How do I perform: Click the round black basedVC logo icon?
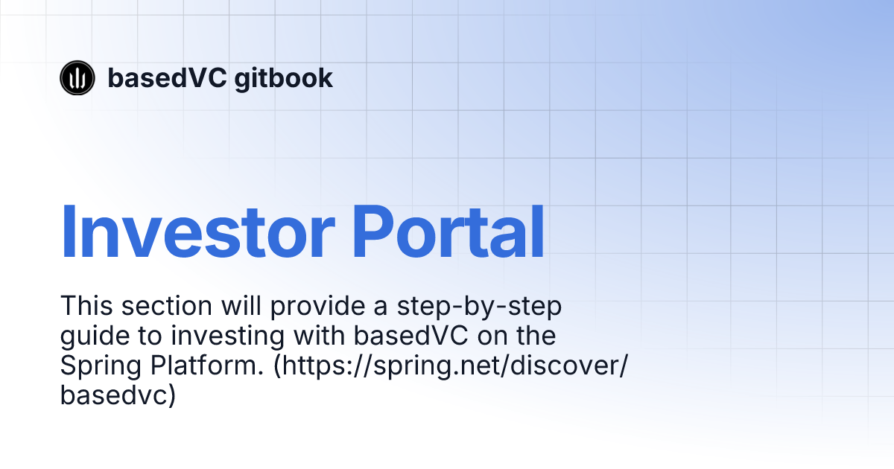tap(77, 77)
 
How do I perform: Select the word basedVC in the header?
tap(166, 77)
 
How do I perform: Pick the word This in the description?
tap(87, 305)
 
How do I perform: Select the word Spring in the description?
tap(97, 367)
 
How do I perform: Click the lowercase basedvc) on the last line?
tap(117, 395)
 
